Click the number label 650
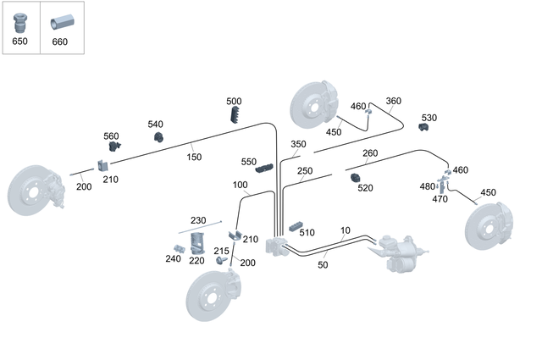19,42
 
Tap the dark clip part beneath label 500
235,115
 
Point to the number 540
156,125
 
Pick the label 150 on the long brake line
195,156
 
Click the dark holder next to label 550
266,168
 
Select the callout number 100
240,185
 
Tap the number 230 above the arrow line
198,220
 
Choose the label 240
173,259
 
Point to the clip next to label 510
296,227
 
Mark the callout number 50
322,265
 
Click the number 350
298,144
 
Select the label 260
370,153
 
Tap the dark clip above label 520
356,177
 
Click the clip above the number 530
424,128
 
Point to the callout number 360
393,101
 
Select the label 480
427,186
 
